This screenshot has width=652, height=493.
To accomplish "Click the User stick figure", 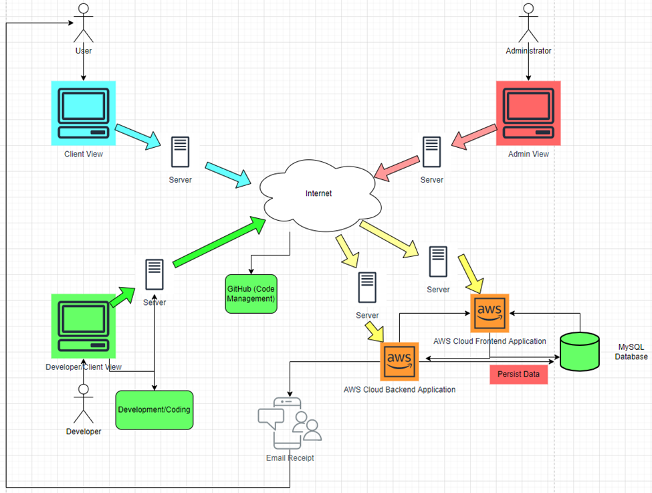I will [83, 23].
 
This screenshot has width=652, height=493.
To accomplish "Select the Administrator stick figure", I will [528, 23].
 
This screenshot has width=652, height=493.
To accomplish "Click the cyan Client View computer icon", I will [84, 113].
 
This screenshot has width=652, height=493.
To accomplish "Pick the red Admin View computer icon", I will [528, 113].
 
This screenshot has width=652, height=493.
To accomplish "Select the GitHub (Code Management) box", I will [251, 293].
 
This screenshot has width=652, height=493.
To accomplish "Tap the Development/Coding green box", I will [154, 409].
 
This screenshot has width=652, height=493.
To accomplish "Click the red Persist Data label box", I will [519, 375].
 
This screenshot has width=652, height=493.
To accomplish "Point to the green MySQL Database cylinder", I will [579, 351].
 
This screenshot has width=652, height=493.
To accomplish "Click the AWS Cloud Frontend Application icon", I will [490, 312].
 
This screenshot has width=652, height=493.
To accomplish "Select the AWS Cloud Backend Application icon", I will [399, 362].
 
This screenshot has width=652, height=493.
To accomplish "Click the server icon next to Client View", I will [179, 153].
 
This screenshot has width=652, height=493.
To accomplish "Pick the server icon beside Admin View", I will [431, 153].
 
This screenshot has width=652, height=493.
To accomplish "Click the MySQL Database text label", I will [631, 352].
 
